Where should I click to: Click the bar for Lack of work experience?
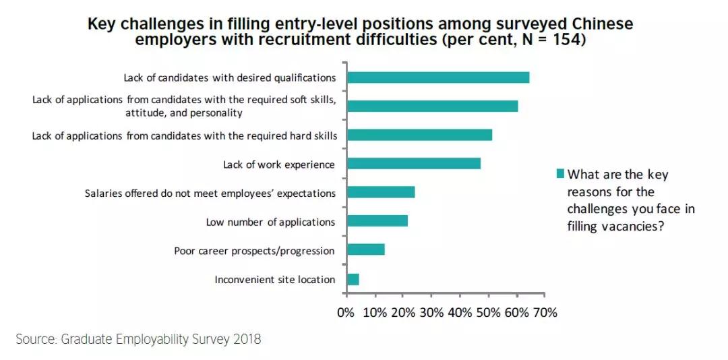[x=413, y=163]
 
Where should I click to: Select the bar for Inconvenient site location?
[x=353, y=279]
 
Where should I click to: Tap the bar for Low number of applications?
[x=377, y=221]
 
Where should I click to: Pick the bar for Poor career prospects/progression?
[x=365, y=249]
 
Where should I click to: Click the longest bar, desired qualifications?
[x=437, y=78]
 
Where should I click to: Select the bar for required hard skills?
[x=419, y=135]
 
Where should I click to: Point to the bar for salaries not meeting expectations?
[x=380, y=192]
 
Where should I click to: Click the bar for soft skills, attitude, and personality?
[x=431, y=106]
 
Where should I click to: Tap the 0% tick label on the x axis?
[x=346, y=312]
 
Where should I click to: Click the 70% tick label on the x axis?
[x=545, y=312]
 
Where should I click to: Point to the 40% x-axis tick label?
[x=460, y=312]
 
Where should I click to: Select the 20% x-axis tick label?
[x=402, y=312]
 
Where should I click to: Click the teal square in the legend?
[x=559, y=174]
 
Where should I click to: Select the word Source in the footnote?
[x=34, y=338]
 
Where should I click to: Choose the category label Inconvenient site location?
[x=274, y=279]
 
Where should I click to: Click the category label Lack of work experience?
[x=278, y=164]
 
